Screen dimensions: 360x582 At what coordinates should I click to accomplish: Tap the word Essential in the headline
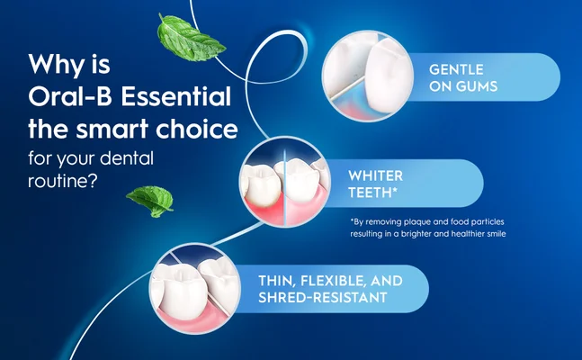(179, 97)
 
